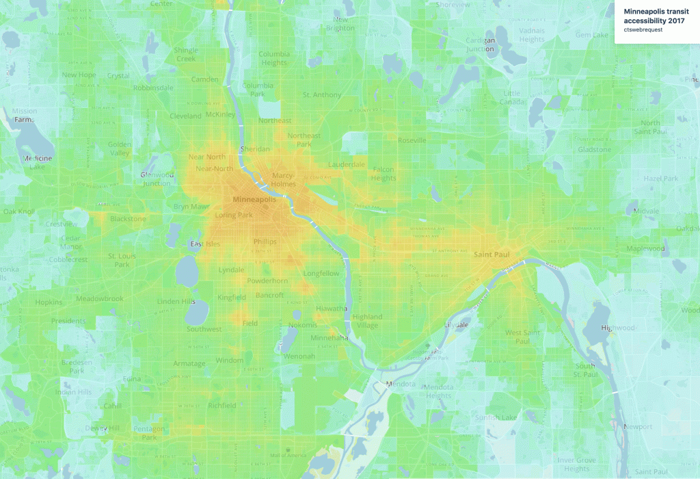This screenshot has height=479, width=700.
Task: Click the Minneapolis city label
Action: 254,199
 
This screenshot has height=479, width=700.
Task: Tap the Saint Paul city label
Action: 492,255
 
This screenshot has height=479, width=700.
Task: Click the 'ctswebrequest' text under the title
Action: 643,29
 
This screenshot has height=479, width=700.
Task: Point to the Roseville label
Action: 412,140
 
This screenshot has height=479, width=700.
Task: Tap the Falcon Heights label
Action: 383,174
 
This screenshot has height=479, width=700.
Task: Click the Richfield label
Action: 221,405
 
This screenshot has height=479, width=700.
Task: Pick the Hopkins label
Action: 49,302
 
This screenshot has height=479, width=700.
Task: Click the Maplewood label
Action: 645,248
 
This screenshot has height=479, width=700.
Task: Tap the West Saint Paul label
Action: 517,337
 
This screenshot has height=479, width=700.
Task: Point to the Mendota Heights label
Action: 439,391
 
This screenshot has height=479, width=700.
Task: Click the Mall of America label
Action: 287,455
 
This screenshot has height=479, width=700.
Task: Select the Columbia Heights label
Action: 273,58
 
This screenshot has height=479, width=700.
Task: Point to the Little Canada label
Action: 511,97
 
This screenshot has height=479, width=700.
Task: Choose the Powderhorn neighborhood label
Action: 267,281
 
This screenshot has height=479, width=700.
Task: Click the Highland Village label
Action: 367,321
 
